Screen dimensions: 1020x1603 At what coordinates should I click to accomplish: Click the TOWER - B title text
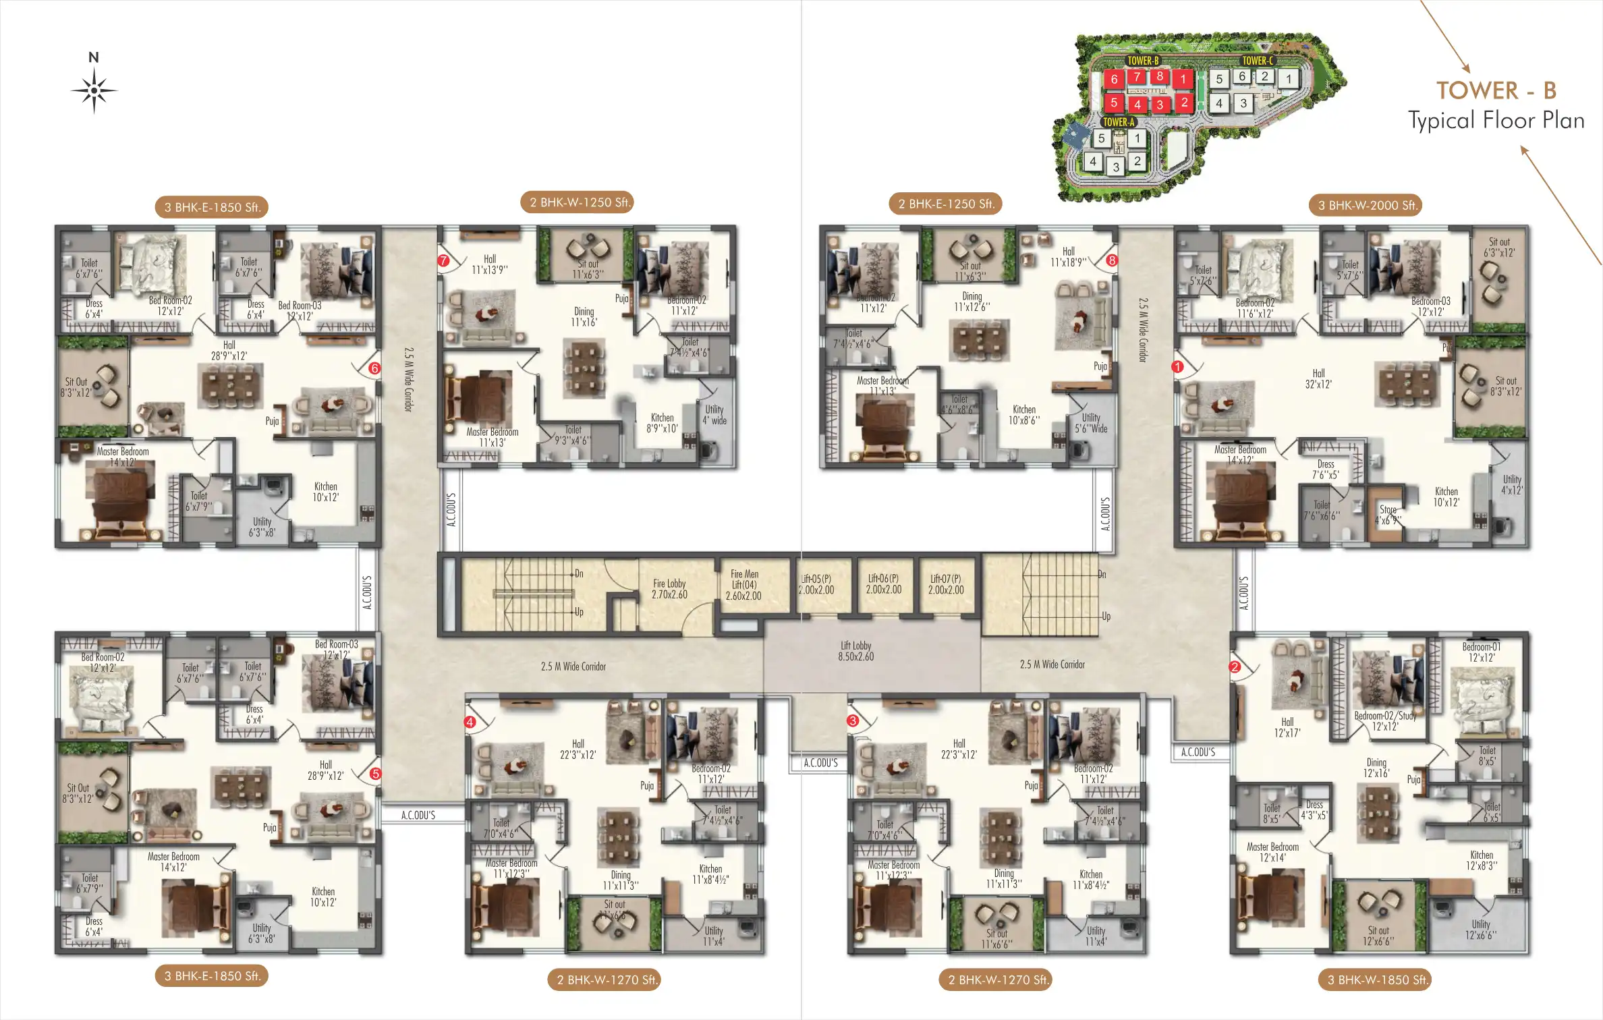coord(1496,90)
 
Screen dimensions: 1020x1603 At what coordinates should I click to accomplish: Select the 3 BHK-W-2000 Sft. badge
coord(1368,205)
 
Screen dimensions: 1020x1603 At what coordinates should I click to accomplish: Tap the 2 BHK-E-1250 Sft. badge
coord(946,204)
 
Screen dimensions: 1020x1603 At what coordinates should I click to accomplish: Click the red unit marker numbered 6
coord(374,368)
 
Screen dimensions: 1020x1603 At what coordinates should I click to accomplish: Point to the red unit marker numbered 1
coord(1177,367)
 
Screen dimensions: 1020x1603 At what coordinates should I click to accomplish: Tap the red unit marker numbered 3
coord(853,720)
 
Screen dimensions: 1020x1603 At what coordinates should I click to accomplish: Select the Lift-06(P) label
coord(883,584)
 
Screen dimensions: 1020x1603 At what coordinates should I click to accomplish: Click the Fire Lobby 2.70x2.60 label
coord(669,589)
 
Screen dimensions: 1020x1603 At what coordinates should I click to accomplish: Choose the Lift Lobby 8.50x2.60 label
coord(855,651)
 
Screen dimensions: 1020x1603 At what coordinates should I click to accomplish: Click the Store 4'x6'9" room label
coord(1388,515)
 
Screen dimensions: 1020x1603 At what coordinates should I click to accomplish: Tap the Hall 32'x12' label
coord(1318,378)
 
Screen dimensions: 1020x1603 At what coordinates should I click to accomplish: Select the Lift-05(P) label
coord(816,584)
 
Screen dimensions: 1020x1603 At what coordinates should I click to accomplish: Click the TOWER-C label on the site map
coord(1258,61)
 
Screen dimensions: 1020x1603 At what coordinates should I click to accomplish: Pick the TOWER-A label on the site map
coord(1118,122)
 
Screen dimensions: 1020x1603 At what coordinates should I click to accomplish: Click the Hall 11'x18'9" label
coord(1068,257)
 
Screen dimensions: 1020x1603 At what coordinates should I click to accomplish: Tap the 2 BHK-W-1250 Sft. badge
coord(578,202)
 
